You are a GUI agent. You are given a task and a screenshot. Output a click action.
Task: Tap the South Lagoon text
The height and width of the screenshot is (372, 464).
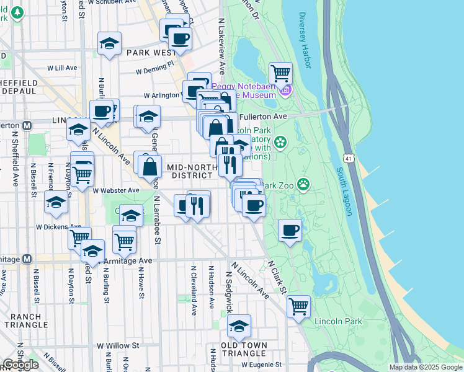(345, 191)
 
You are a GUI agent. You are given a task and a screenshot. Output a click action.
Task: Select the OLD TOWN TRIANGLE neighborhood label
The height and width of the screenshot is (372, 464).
(244, 349)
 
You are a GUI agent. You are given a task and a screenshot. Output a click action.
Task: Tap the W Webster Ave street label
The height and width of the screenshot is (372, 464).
(116, 190)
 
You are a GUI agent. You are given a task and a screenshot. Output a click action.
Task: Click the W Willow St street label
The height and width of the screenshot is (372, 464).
(117, 345)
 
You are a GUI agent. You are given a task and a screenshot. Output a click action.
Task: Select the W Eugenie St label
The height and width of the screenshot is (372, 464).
(261, 365)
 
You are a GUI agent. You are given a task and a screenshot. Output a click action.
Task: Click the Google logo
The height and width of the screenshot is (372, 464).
(21, 365)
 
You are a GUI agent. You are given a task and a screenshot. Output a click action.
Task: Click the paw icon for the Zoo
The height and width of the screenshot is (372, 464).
(303, 184)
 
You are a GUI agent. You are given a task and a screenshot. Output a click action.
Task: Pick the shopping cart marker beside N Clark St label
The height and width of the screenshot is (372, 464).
(299, 306)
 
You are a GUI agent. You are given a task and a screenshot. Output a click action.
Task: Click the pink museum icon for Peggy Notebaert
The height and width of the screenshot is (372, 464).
(285, 91)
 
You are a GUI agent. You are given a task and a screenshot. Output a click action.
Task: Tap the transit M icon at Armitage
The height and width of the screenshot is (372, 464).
(27, 259)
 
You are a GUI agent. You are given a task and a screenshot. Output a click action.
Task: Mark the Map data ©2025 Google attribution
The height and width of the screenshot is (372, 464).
(425, 367)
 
